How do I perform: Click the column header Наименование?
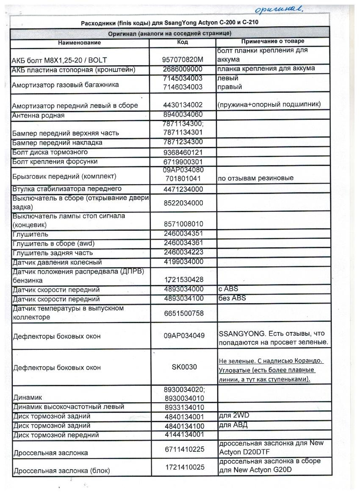click(x=80, y=43)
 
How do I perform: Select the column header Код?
click(x=182, y=42)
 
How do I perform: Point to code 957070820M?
click(x=183, y=60)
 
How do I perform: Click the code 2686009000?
click(x=183, y=69)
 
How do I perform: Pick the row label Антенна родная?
click(x=39, y=115)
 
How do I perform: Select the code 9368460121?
click(x=183, y=152)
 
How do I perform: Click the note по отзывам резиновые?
click(x=255, y=178)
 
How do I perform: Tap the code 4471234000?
click(x=183, y=189)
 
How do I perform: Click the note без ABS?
click(x=233, y=298)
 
